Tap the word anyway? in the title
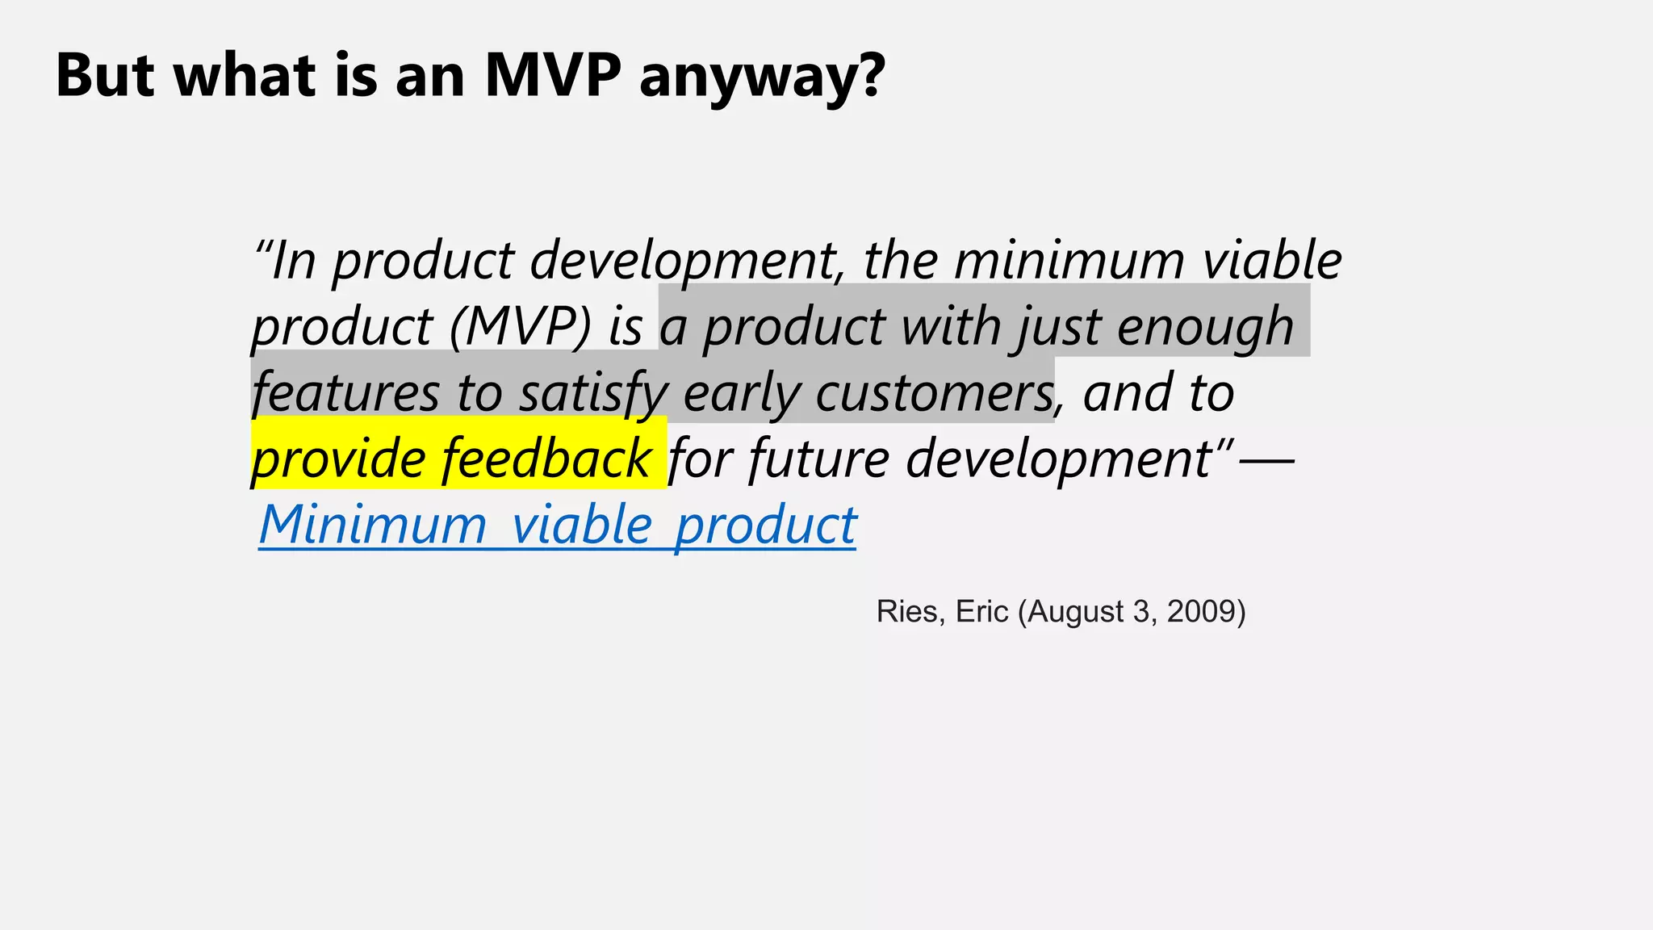[762, 78]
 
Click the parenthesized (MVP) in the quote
[521, 327]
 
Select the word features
[345, 393]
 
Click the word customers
[934, 393]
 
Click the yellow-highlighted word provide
[338, 459]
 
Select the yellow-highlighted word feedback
[546, 458]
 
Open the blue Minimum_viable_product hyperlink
[557, 526]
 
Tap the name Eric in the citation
[981, 612]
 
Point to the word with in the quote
[949, 327]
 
